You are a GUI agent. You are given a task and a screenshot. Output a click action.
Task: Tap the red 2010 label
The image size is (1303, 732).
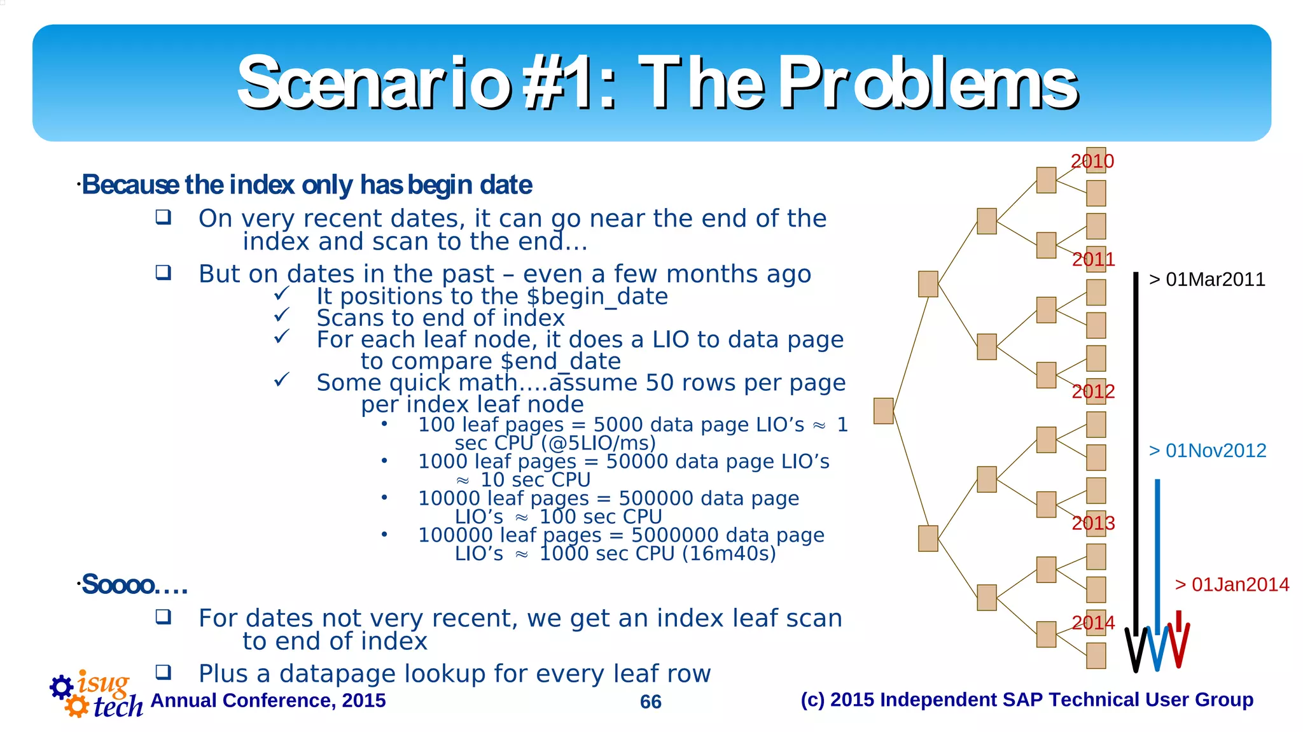[x=1092, y=161]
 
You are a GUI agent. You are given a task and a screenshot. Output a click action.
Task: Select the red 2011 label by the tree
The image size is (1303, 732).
[x=1093, y=259]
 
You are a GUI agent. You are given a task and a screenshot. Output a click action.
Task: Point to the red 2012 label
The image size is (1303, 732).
[x=1093, y=391]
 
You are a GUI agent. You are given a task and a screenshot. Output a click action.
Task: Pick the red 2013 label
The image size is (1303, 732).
[x=1093, y=523]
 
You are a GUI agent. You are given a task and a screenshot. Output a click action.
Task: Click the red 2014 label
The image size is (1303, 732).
[x=1093, y=622]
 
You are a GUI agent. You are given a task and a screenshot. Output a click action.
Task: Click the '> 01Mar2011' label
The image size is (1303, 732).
[x=1206, y=279]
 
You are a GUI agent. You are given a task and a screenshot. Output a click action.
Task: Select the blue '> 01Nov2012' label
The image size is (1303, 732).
[x=1207, y=451]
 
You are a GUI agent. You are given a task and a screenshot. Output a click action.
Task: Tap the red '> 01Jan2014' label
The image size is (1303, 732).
[x=1231, y=584]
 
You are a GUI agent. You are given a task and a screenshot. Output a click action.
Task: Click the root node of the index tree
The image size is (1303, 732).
[x=883, y=411]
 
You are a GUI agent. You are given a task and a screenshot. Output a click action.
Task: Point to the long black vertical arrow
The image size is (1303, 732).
[x=1136, y=446]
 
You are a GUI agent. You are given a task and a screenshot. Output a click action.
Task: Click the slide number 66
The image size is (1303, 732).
[x=650, y=701]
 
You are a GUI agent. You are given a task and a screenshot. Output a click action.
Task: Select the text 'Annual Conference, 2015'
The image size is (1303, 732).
[x=268, y=700]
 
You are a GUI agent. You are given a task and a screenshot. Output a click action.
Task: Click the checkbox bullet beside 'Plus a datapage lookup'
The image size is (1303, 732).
[x=164, y=672]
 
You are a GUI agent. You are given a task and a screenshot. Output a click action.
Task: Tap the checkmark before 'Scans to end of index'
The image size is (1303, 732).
[x=281, y=315]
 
